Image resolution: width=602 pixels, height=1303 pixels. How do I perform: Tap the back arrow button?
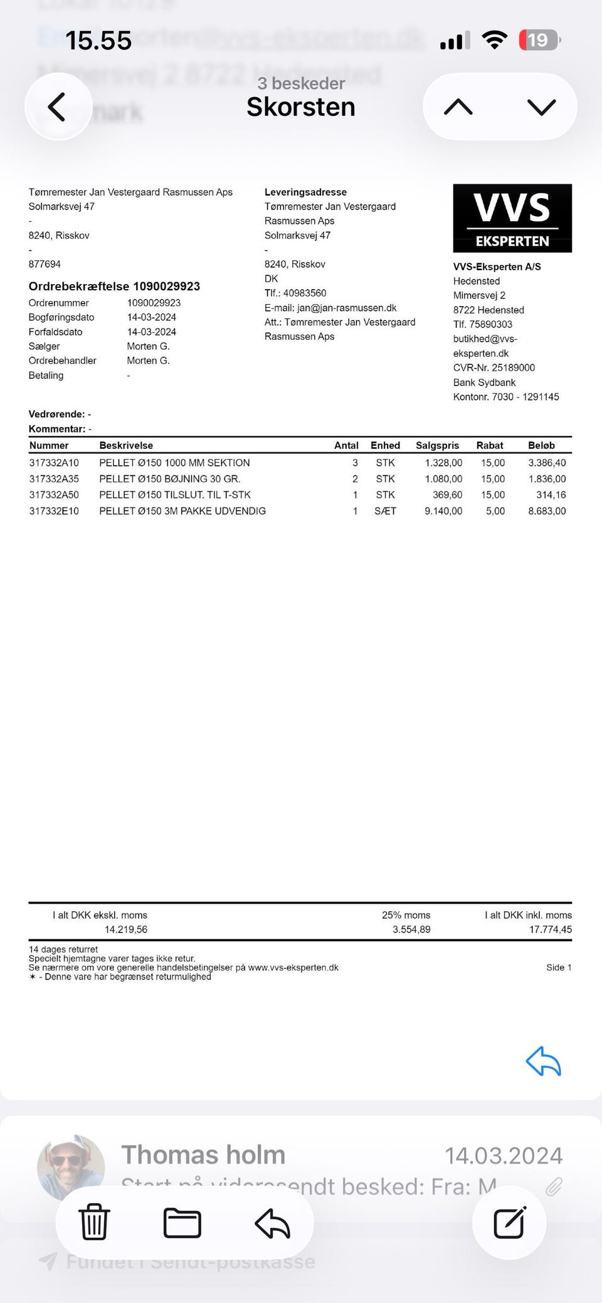(x=57, y=107)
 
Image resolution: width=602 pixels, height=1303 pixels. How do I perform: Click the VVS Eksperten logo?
(x=512, y=218)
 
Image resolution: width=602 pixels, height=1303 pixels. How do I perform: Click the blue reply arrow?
(x=543, y=1061)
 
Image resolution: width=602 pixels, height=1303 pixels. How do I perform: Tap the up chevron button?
(x=458, y=107)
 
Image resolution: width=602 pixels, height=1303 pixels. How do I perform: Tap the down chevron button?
(x=542, y=107)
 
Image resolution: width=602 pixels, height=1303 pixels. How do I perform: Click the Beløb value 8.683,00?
(x=547, y=511)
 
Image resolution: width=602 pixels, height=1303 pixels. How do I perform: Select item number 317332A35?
(x=54, y=479)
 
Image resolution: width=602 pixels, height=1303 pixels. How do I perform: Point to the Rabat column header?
(x=490, y=445)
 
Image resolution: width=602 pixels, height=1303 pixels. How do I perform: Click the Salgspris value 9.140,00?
(x=443, y=511)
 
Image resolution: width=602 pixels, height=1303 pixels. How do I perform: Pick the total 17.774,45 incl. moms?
(x=550, y=929)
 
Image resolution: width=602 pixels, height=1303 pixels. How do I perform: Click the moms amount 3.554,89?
(x=411, y=929)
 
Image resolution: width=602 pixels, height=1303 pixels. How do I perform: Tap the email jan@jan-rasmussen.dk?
(x=347, y=308)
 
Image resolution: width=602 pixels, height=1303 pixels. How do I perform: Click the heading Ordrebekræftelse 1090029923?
(x=114, y=287)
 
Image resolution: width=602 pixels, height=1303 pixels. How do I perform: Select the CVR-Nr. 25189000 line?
(x=494, y=367)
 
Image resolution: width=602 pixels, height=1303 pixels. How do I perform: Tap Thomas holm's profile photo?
(x=70, y=1167)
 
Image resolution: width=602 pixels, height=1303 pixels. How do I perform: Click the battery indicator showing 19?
(x=539, y=41)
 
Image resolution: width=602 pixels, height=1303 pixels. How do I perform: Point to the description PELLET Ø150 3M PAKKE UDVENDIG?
(x=182, y=511)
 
